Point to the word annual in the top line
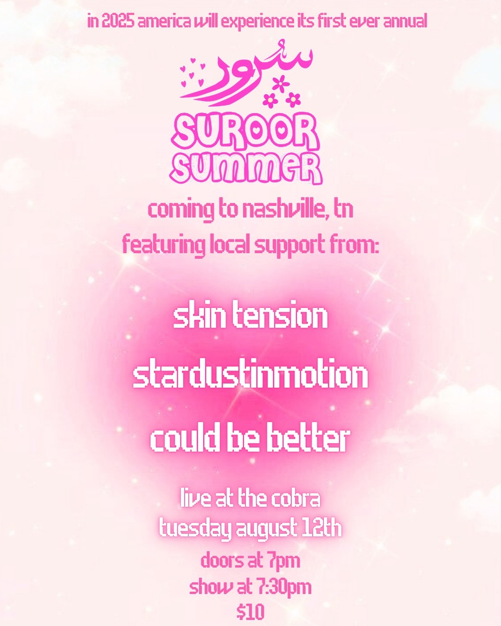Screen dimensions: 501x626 click(405, 22)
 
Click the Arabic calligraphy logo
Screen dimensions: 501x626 click(246, 74)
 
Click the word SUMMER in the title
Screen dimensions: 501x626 click(246, 169)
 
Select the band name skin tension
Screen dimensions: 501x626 click(250, 316)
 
